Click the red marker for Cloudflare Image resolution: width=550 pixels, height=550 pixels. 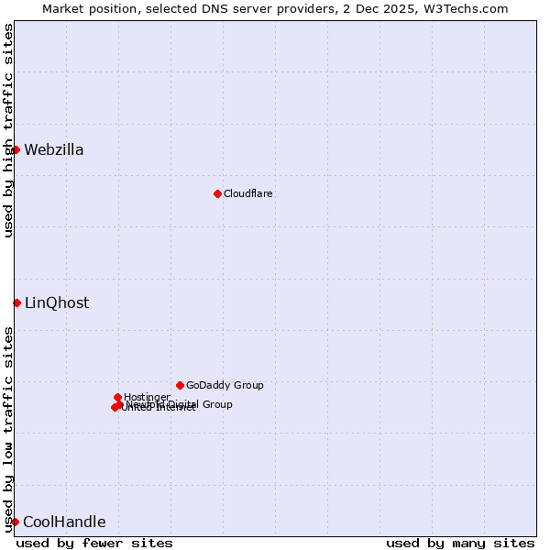[x=217, y=193]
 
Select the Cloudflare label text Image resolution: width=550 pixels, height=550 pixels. [x=248, y=193]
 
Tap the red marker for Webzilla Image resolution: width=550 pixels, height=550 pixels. [x=16, y=149]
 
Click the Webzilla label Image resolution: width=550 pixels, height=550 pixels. [x=54, y=150]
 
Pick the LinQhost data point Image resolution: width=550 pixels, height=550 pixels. [x=16, y=302]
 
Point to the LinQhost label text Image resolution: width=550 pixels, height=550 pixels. [x=57, y=303]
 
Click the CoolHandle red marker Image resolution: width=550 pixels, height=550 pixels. [x=15, y=522]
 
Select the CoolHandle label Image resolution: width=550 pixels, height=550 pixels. [x=64, y=522]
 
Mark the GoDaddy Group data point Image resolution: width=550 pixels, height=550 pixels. [x=180, y=385]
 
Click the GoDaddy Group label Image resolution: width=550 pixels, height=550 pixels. [x=225, y=385]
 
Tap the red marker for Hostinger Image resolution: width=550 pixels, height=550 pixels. [x=117, y=397]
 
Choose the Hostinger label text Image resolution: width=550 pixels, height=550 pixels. [x=147, y=397]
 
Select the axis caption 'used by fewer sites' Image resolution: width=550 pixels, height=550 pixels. [x=94, y=543]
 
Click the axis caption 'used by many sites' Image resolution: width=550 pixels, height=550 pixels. [x=460, y=543]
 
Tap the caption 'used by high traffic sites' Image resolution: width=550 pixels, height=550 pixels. [x=8, y=130]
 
